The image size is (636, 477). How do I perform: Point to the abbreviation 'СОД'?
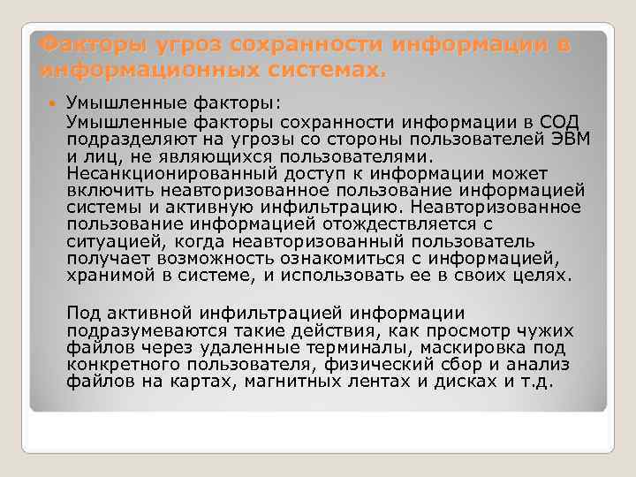pyautogui.click(x=561, y=121)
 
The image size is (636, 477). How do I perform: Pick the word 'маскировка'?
pyautogui.click(x=491, y=348)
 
